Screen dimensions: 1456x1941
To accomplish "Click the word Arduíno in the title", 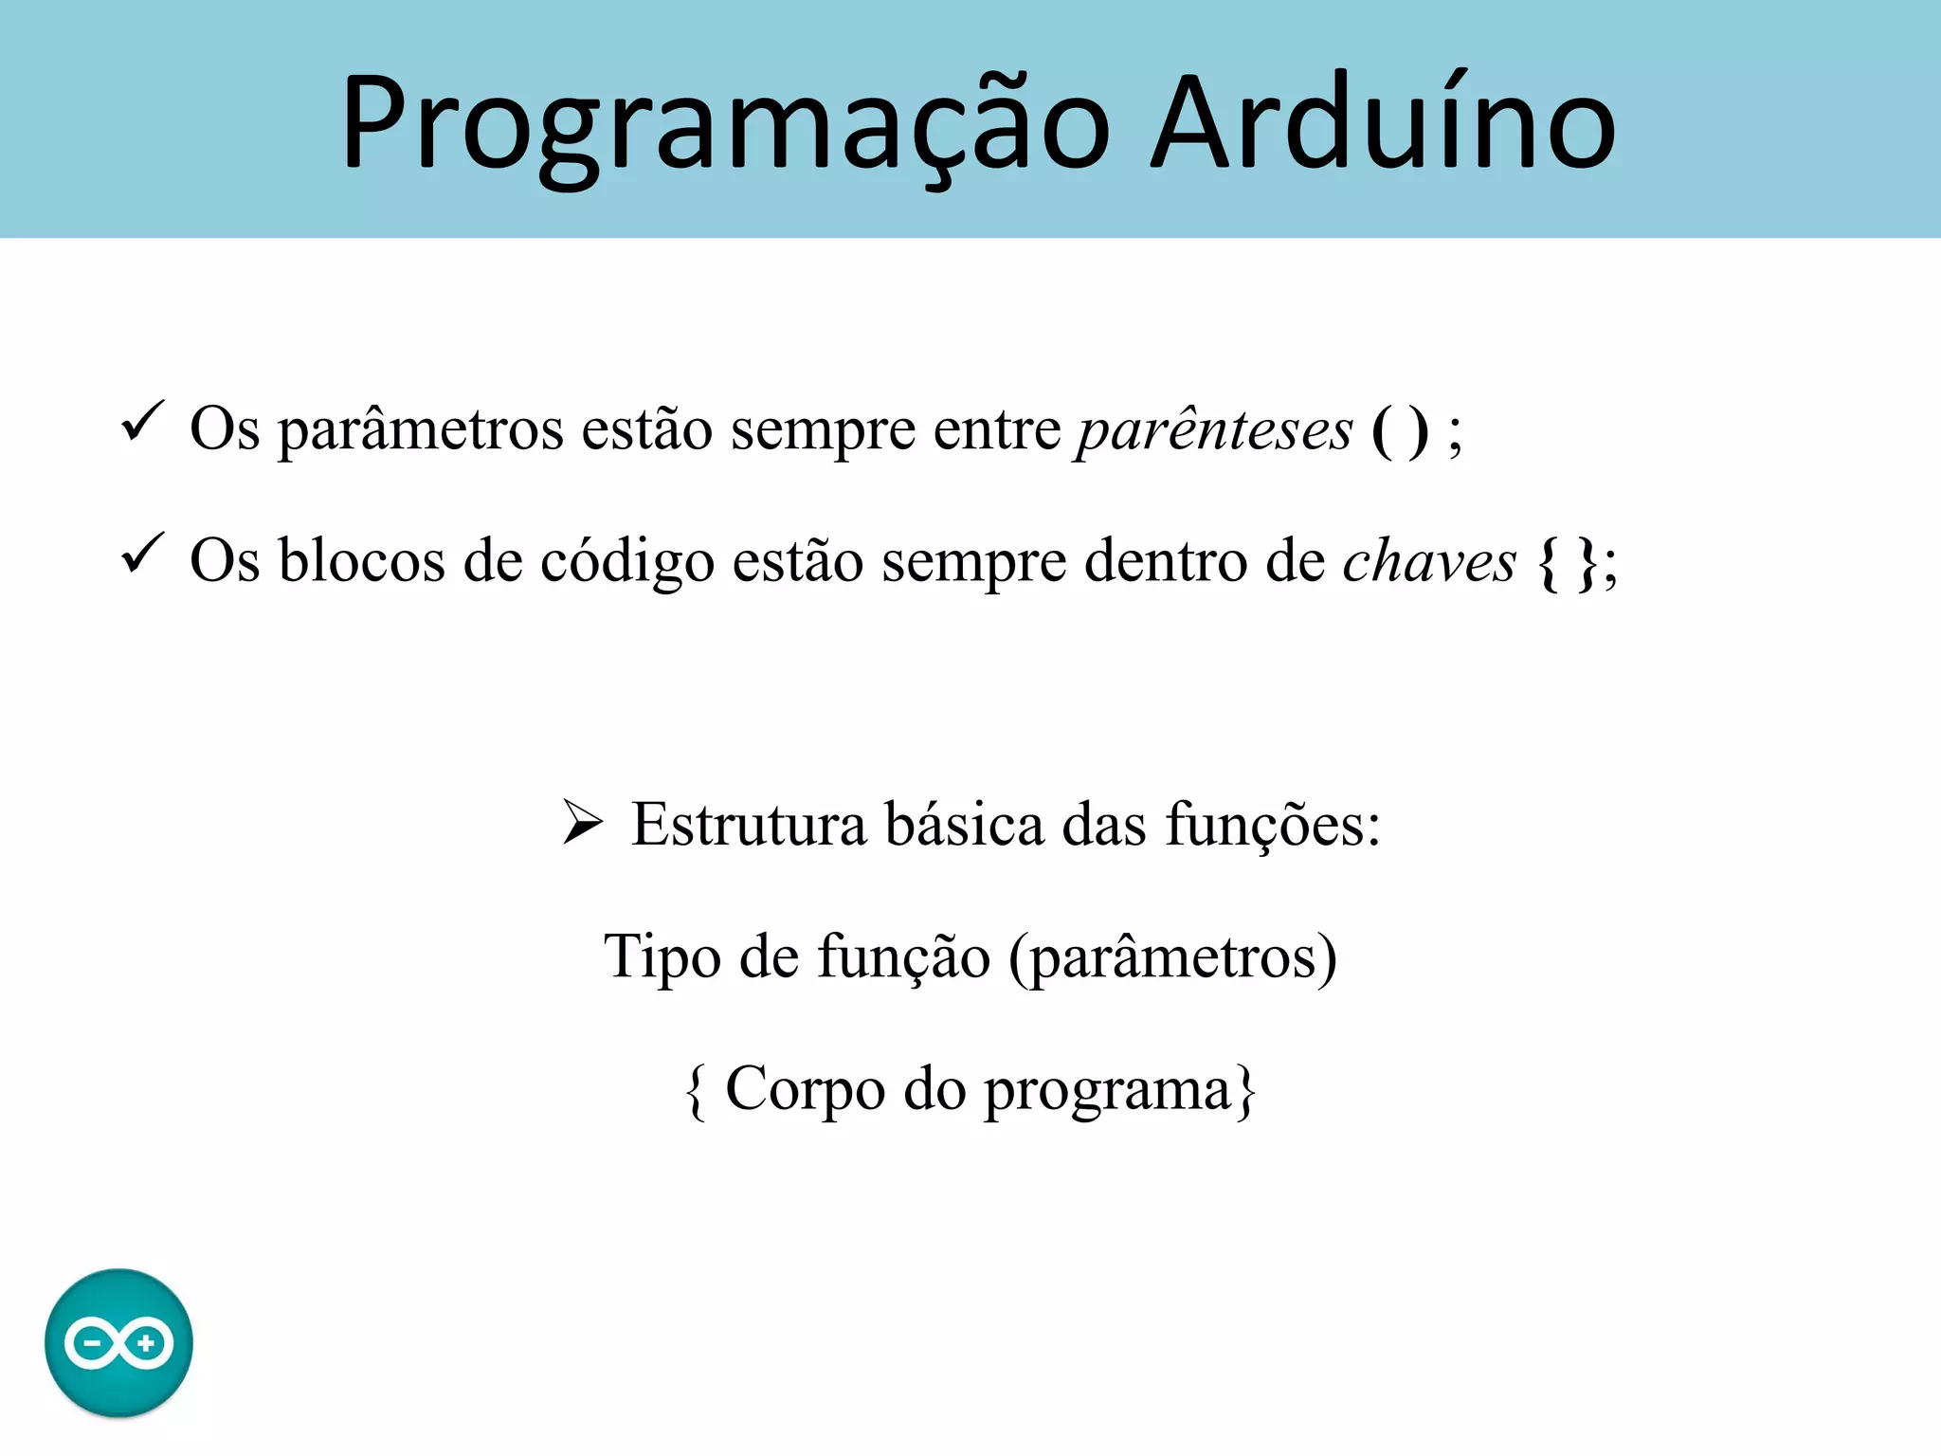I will [x=1383, y=123].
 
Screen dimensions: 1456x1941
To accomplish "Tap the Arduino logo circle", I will [x=118, y=1342].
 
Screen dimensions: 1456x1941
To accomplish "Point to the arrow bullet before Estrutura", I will [x=582, y=821].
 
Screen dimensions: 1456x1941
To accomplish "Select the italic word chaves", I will [x=1429, y=561].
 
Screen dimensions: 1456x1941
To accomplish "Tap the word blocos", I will [x=361, y=561].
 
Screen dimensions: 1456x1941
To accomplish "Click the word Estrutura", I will [x=749, y=825].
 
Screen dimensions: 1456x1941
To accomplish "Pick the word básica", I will [x=964, y=825].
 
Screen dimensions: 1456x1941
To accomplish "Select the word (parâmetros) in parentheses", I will [x=1173, y=957].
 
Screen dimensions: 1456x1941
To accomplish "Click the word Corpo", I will [x=805, y=1090].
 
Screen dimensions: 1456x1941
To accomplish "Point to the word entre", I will [x=997, y=430].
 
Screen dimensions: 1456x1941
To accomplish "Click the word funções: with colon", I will [x=1273, y=825].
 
